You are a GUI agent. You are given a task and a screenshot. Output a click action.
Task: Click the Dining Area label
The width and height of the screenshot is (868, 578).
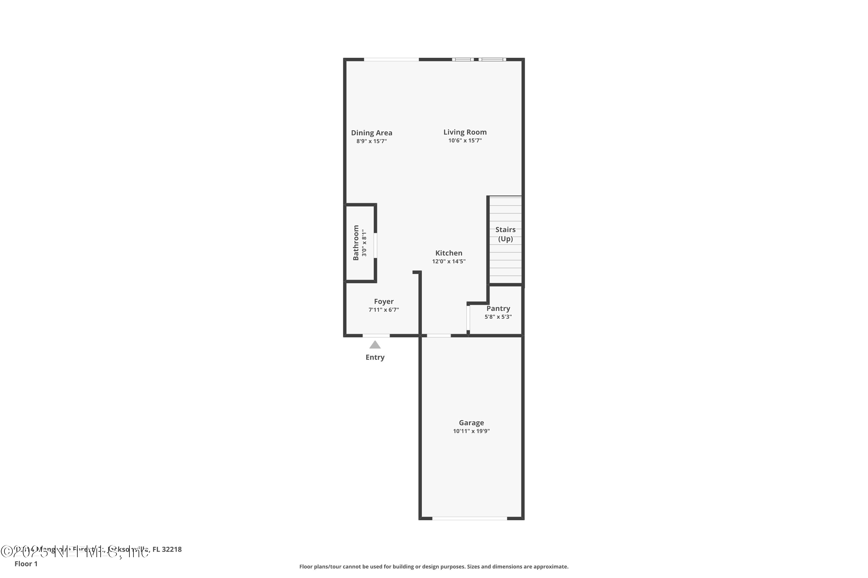[371, 133]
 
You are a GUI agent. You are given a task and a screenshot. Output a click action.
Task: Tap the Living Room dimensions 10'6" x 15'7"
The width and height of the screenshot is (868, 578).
[465, 140]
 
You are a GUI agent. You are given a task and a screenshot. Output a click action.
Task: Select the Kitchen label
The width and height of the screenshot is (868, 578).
[448, 253]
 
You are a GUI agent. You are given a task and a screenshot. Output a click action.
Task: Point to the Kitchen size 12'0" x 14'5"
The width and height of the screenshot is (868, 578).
[448, 261]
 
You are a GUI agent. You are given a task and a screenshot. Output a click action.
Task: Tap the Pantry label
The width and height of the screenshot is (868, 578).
[498, 309]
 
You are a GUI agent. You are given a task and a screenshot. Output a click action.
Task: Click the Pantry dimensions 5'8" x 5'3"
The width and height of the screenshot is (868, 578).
[498, 317]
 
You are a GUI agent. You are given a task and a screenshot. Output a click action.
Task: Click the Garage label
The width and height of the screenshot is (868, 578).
[471, 423]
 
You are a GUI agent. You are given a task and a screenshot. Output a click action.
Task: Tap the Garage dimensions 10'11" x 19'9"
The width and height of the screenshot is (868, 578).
[471, 431]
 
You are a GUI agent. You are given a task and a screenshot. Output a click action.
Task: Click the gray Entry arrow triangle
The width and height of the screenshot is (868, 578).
[375, 345]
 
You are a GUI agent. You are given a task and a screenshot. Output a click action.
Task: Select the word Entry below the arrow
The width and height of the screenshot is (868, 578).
[375, 357]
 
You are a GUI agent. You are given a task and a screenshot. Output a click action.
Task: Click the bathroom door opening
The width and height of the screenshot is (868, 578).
[375, 245]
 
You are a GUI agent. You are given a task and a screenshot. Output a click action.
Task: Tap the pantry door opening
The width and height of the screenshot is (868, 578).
[468, 317]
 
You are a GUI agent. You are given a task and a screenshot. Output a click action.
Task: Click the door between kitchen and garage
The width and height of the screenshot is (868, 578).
[439, 336]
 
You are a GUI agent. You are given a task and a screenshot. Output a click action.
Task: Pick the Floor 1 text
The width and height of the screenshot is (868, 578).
[26, 564]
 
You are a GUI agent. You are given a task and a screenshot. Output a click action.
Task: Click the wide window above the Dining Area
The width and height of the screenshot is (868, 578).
[391, 59]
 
